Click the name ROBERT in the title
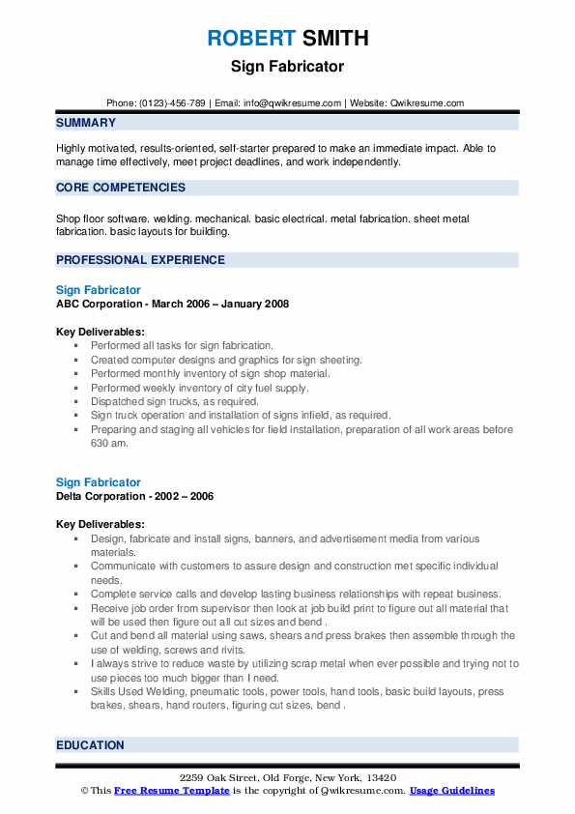click(x=250, y=39)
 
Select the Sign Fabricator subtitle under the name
click(x=287, y=67)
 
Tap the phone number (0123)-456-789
click(x=175, y=103)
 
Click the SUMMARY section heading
click(x=86, y=123)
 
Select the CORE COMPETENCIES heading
click(x=120, y=188)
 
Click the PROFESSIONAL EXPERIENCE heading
click(x=140, y=260)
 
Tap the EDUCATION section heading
click(x=90, y=745)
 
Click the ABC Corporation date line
click(x=172, y=304)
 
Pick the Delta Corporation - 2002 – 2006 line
click(x=134, y=496)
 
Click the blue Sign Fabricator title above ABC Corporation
click(x=98, y=290)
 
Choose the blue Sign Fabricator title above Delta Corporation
click(x=98, y=482)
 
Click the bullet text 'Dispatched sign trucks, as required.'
click(x=175, y=401)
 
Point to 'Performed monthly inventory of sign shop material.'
click(x=210, y=373)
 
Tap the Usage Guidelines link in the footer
click(x=451, y=791)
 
